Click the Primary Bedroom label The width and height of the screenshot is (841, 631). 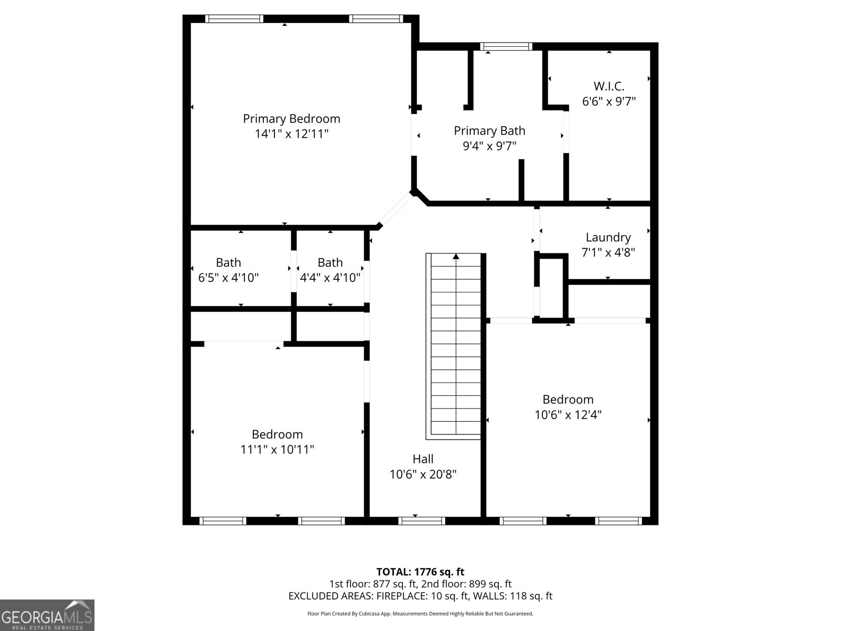(x=291, y=119)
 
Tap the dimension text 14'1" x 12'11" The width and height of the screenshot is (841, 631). (x=291, y=134)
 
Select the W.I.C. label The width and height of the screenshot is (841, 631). (x=609, y=86)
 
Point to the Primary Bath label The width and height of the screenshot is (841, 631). (x=489, y=130)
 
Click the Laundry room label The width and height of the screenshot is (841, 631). (x=608, y=237)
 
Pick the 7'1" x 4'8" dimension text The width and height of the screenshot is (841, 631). (x=608, y=252)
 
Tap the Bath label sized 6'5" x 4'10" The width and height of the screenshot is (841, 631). (x=228, y=262)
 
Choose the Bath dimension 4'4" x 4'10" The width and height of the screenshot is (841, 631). (x=330, y=278)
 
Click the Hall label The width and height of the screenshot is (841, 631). (x=423, y=459)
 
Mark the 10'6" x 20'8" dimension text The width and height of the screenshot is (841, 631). (x=423, y=474)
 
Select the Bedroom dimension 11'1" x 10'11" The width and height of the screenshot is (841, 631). (x=277, y=450)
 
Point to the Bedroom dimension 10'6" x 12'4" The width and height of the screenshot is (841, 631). (x=568, y=414)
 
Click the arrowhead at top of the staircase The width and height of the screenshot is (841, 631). (x=456, y=257)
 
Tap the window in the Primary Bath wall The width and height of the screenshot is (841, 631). (x=507, y=47)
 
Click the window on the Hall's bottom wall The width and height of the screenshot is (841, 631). (x=422, y=521)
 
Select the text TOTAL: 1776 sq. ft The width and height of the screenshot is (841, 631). (x=420, y=572)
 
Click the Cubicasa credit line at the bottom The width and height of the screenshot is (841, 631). (x=420, y=614)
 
